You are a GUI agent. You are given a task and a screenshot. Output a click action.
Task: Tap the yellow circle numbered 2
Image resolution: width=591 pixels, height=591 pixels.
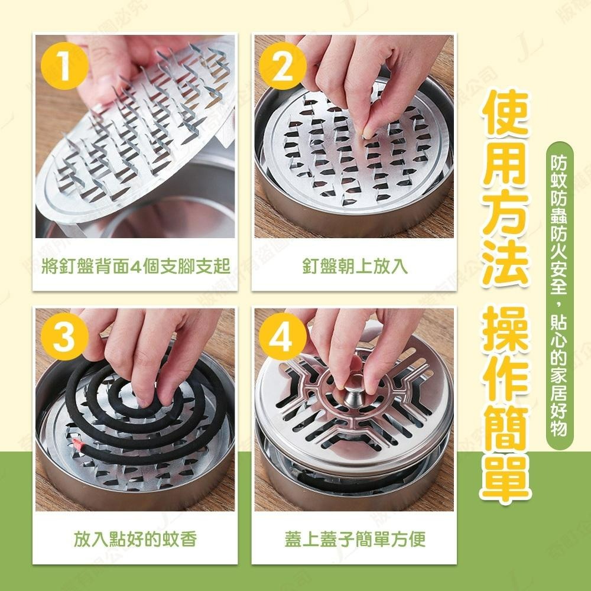point(283,67)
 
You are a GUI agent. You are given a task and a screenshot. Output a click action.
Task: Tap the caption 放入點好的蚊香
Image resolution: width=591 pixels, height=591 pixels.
point(135,538)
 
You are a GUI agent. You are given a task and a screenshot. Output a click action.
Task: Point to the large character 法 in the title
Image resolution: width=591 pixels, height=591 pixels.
point(504,260)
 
